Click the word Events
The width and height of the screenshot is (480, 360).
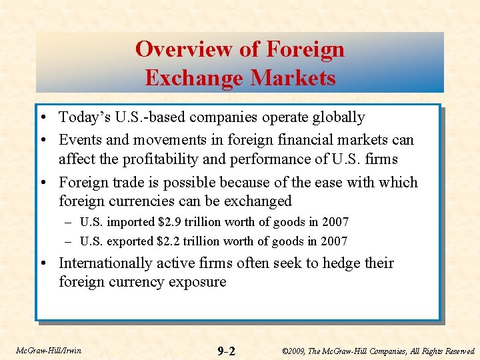tap(81, 140)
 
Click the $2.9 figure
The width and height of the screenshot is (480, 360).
tap(183, 222)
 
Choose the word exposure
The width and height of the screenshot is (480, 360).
tap(198, 282)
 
